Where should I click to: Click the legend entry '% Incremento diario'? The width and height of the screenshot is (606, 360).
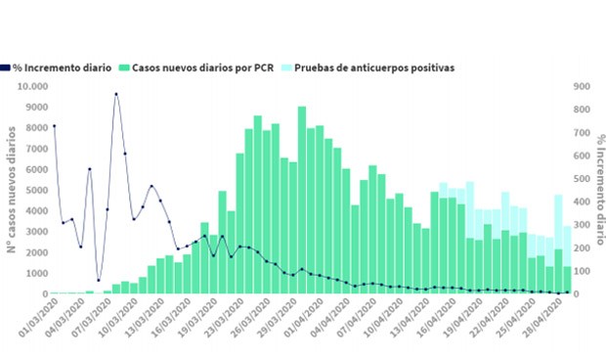[61, 68]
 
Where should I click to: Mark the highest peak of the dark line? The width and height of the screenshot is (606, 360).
[115, 94]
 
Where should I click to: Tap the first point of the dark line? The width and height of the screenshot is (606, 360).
[54, 125]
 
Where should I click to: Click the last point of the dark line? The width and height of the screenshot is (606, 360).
[567, 292]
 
